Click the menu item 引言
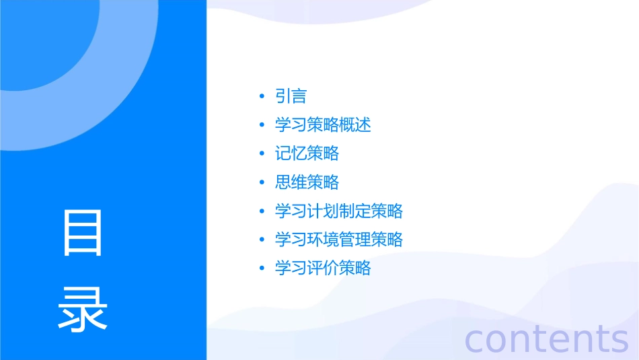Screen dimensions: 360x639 [291, 96]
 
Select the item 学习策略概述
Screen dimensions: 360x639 [323, 125]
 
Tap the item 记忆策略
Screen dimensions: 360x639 [307, 153]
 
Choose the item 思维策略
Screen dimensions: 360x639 [307, 182]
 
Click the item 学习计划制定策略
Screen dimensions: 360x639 [339, 211]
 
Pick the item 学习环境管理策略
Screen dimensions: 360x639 [339, 240]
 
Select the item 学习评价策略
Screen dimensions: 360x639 [323, 268]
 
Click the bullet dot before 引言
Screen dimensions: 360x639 [262, 97]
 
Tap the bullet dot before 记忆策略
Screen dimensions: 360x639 [262, 154]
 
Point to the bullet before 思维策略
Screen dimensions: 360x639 [262, 183]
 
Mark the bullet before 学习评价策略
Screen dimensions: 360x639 [262, 269]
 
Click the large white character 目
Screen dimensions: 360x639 [83, 233]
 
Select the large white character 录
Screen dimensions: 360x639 [83, 310]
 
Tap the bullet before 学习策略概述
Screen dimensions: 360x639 [262, 126]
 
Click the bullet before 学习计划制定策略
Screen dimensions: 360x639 [262, 212]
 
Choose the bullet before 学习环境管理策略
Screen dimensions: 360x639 [262, 240]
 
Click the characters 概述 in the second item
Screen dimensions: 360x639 [355, 125]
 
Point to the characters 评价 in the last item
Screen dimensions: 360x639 [323, 268]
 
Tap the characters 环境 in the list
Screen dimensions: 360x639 [323, 240]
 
